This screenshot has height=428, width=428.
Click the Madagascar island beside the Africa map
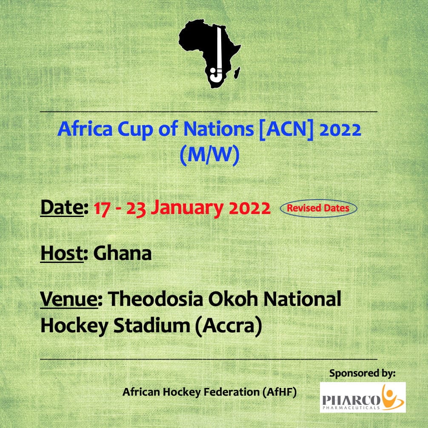pyautogui.click(x=237, y=73)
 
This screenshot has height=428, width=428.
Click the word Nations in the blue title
pyautogui.click(x=219, y=128)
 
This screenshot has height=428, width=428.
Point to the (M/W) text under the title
pyautogui.click(x=210, y=155)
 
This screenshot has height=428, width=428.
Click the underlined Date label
pyautogui.click(x=62, y=208)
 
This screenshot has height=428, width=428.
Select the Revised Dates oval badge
pyautogui.click(x=318, y=208)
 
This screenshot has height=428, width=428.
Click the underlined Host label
pyautogui.click(x=62, y=254)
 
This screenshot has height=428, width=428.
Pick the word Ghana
pyautogui.click(x=122, y=253)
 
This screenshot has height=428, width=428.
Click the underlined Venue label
pyautogui.click(x=69, y=300)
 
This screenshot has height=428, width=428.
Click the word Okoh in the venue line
pyautogui.click(x=233, y=299)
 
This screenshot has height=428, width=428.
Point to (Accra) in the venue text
pyautogui.click(x=228, y=326)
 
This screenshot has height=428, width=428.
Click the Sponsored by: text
pyautogui.click(x=362, y=373)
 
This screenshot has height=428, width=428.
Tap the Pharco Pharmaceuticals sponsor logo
pyautogui.click(x=362, y=397)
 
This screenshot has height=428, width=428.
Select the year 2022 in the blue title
pyautogui.click(x=340, y=129)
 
